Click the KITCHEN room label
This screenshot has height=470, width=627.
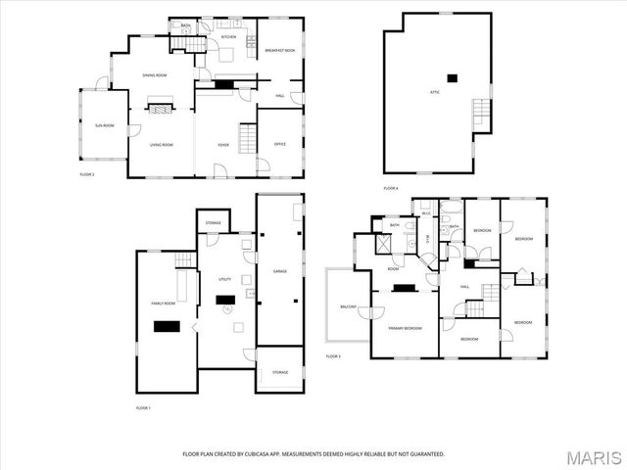click(x=228, y=36)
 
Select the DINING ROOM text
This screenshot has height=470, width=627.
click(x=155, y=75)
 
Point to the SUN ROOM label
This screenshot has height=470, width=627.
click(x=104, y=126)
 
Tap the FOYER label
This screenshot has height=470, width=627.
click(x=223, y=145)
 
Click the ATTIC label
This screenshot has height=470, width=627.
click(x=434, y=92)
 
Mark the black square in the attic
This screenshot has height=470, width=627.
click(x=451, y=77)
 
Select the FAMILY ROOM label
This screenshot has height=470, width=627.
click(x=163, y=303)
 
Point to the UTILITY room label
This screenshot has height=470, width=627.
click(x=223, y=279)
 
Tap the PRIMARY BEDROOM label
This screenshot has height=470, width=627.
click(x=405, y=328)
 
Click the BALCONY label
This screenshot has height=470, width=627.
click(x=349, y=306)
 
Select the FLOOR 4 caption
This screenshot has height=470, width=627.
click(x=391, y=187)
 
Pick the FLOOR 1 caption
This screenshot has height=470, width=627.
click(x=143, y=406)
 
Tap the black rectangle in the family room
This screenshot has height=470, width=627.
click(x=169, y=327)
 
